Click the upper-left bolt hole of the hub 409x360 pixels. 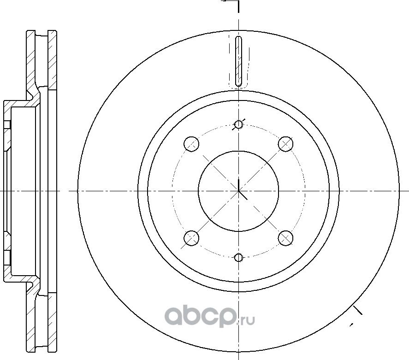(x=191, y=144)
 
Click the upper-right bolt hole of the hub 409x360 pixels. (x=286, y=144)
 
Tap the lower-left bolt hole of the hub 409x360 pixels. (x=191, y=238)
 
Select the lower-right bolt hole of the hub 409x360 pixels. (x=286, y=238)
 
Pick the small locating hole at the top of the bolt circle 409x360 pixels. (x=238, y=124)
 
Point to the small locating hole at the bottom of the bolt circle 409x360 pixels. (x=238, y=257)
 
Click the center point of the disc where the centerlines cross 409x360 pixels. (x=238, y=190)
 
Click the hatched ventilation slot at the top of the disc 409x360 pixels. (x=238, y=61)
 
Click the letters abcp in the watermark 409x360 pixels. (x=202, y=317)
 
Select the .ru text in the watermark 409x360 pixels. (x=246, y=318)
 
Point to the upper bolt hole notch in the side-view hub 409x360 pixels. (x=7, y=125)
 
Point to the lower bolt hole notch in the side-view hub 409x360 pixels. (x=7, y=256)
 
